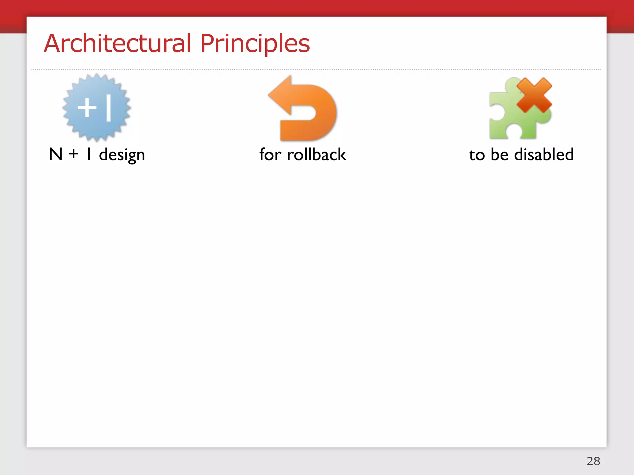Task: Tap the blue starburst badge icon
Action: pos(97,108)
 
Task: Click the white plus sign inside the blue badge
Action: pos(87,108)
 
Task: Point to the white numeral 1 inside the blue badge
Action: pos(108,108)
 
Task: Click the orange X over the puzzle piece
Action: pos(534,95)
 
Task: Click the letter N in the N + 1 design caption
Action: pos(56,154)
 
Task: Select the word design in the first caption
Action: pos(122,155)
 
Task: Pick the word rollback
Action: pos(316,154)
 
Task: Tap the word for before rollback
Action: pos(270,154)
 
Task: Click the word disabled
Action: pos(544,154)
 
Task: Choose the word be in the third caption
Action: pos(500,154)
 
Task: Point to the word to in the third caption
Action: pos(477,155)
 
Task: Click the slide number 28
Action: pos(593,461)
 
